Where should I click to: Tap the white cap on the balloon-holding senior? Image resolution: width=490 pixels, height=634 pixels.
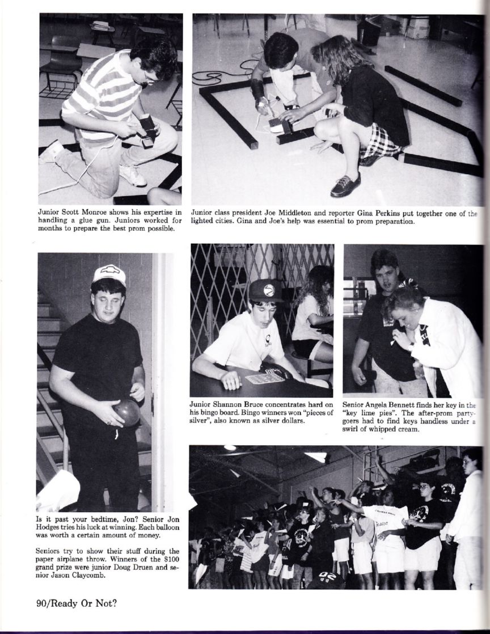pyautogui.click(x=109, y=275)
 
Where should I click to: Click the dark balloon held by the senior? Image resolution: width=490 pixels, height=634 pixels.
pyautogui.click(x=126, y=412)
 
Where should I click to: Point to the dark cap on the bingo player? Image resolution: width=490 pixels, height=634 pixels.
pyautogui.click(x=265, y=290)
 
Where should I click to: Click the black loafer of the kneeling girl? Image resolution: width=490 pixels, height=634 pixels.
pyautogui.click(x=345, y=185)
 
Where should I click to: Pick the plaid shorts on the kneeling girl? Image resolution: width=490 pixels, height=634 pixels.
pyautogui.click(x=381, y=142)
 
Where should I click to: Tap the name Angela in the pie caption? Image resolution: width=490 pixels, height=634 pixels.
pyautogui.click(x=381, y=404)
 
